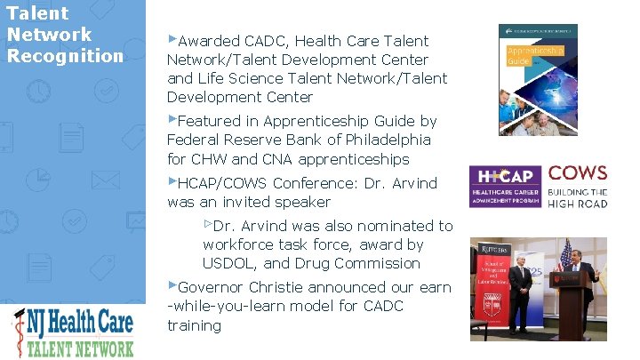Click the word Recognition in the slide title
click(x=65, y=56)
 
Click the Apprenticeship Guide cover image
click(x=538, y=80)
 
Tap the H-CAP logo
click(x=506, y=188)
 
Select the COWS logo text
click(x=578, y=173)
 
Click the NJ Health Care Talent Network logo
click(x=73, y=332)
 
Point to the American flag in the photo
click(x=565, y=258)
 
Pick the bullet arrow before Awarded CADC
click(x=172, y=39)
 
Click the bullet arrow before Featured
click(x=172, y=119)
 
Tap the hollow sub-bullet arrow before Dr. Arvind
click(x=208, y=225)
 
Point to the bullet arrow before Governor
click(x=172, y=286)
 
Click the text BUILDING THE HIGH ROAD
click(x=578, y=198)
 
